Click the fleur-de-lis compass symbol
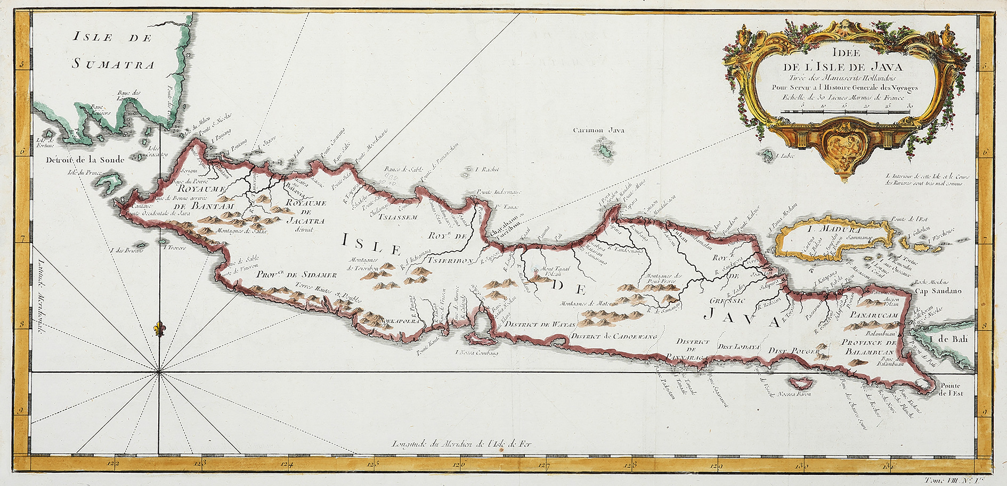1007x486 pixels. (x=158, y=328)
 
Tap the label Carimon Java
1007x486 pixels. (x=598, y=130)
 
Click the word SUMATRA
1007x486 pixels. (x=113, y=65)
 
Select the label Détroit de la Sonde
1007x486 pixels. (x=85, y=159)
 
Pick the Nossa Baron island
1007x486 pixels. (x=798, y=382)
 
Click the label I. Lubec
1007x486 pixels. (x=782, y=156)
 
